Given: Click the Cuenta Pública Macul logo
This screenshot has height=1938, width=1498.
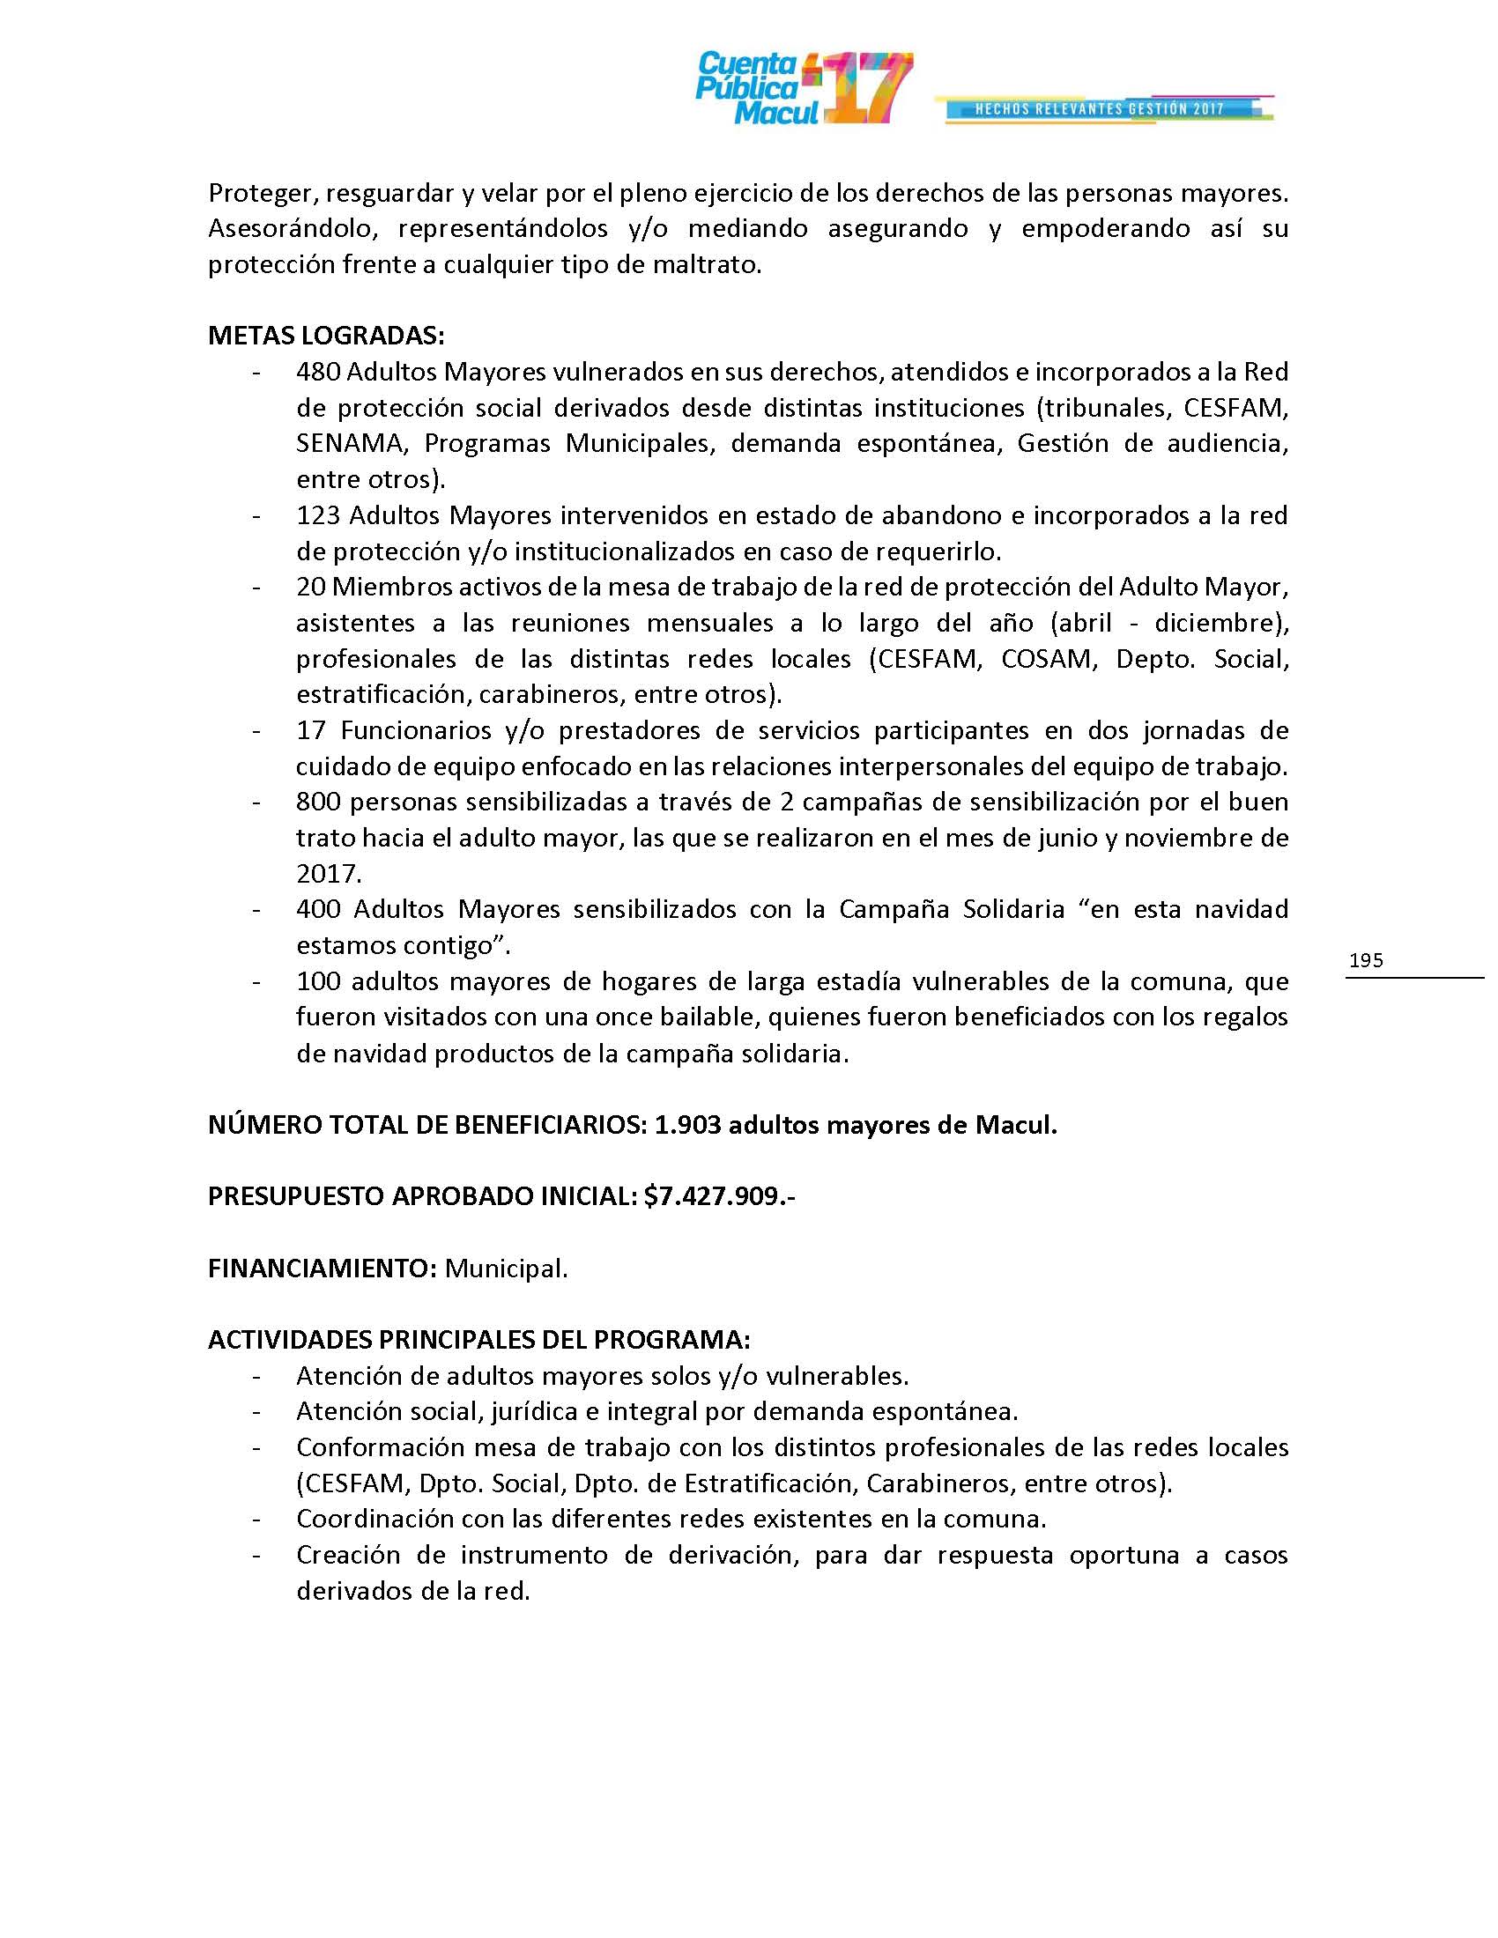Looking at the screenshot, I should click(x=748, y=87).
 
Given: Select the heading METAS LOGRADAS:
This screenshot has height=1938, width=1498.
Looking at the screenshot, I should click(x=326, y=336).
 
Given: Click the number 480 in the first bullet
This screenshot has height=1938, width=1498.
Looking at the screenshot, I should click(x=318, y=372).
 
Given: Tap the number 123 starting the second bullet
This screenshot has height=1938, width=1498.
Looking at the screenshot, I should click(x=318, y=515).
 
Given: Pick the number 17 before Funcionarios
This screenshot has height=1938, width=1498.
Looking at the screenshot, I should click(x=310, y=730).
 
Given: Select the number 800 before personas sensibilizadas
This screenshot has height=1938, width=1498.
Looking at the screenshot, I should click(x=318, y=803).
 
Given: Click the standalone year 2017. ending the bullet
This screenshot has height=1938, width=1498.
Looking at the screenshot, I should click(x=329, y=874).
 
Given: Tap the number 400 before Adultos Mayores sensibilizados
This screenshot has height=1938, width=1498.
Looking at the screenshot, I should click(x=318, y=910).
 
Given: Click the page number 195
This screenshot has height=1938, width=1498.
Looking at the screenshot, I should click(x=1366, y=960).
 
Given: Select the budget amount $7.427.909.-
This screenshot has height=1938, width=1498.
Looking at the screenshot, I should click(x=720, y=1196).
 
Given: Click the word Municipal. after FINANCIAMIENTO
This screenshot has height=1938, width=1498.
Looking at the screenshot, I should click(x=506, y=1268).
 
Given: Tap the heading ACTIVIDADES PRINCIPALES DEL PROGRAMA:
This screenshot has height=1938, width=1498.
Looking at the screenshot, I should click(x=479, y=1339).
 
